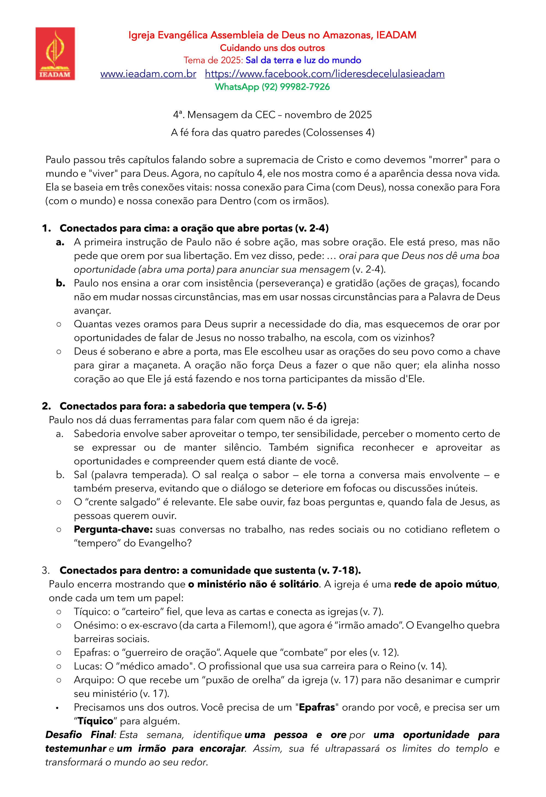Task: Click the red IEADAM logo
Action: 55,54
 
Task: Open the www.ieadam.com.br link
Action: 148,74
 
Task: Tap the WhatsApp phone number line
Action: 272,87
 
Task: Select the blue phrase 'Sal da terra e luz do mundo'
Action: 303,60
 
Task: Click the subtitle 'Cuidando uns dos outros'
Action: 272,48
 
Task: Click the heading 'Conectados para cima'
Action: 115,229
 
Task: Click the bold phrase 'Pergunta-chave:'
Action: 113,529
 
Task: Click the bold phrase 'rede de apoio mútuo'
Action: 446,584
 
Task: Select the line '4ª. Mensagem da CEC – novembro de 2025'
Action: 272,115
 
